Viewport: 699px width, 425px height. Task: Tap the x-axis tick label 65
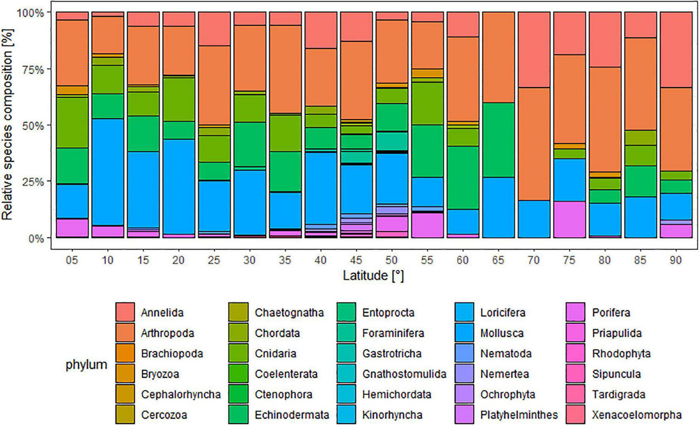498,260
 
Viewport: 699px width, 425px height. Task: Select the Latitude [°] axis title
373,275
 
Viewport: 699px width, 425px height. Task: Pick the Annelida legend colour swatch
125,312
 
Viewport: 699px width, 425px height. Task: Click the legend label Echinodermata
292,415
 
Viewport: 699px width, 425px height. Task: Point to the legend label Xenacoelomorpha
636,415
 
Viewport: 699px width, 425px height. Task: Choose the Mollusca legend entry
501,333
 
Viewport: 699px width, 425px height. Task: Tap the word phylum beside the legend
86,364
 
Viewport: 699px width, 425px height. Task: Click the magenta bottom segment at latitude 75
569,219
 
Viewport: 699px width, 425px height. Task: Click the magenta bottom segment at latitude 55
427,225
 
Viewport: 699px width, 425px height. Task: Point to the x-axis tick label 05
72,260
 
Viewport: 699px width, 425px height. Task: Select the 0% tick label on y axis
35,239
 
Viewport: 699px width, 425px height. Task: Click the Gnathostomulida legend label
404,374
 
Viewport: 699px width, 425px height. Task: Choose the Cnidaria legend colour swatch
238,353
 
